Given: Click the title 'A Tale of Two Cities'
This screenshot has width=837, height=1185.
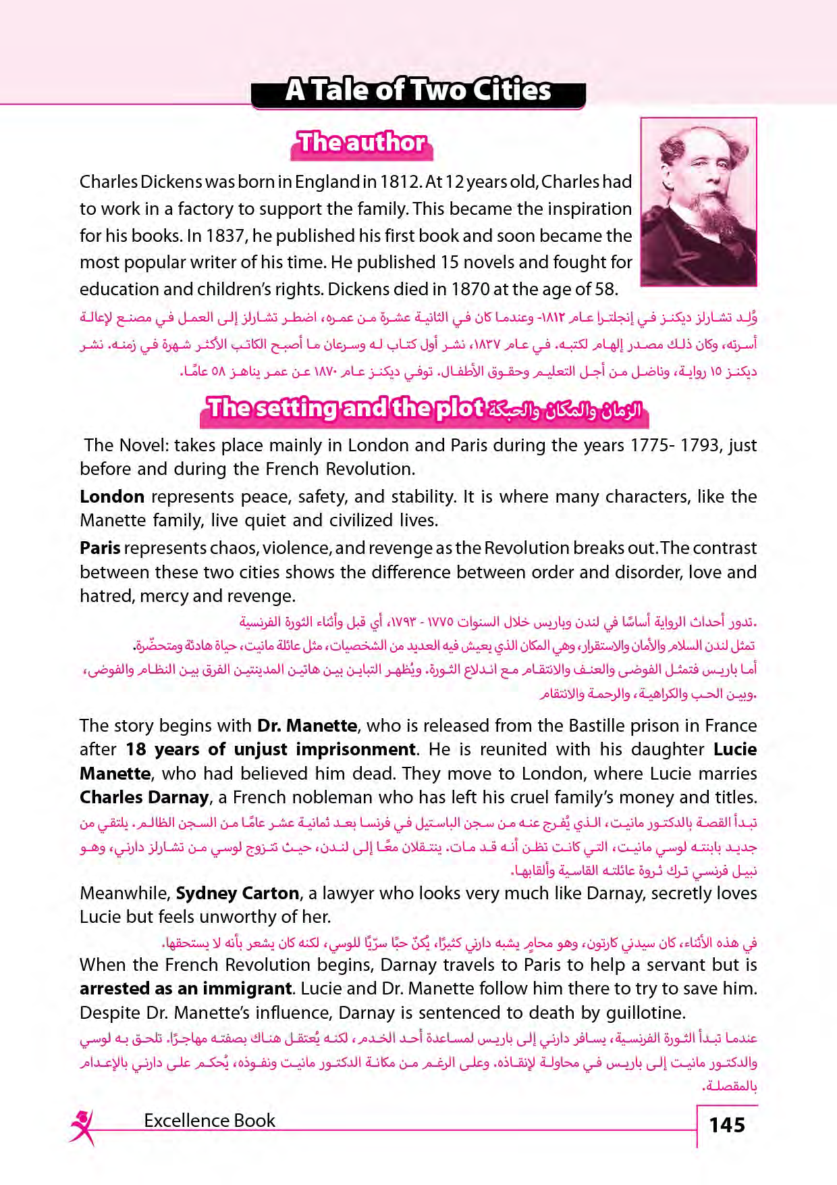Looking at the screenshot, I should coord(418,91).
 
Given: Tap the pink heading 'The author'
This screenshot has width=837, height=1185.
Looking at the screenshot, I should coord(362,143).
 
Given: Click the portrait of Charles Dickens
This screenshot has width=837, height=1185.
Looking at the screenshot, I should coord(698,201).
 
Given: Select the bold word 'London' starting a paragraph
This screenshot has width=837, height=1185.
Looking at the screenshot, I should coord(112,497).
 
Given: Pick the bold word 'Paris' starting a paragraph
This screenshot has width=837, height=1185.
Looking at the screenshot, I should coord(100,548).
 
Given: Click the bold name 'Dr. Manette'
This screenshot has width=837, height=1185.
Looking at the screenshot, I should coord(307,726).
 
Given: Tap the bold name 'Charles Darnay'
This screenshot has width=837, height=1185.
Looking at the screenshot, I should coord(144,797).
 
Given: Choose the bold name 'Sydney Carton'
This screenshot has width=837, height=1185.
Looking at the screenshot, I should coord(237,893).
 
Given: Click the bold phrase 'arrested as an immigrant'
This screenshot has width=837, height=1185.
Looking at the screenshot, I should coord(186,988).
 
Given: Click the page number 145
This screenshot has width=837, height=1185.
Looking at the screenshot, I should coord(727,1125).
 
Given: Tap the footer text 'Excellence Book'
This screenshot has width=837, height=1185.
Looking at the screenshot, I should coord(209,1121).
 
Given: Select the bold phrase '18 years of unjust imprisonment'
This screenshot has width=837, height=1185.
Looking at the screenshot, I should coord(270,749).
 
